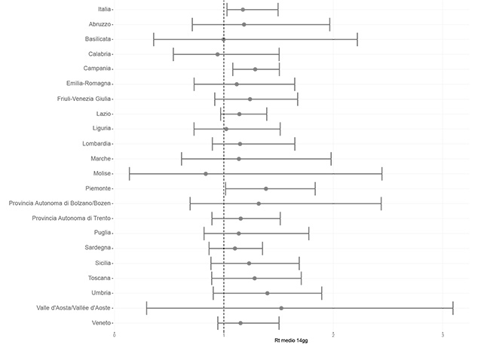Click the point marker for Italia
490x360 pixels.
[243, 10]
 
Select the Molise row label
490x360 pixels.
[102, 173]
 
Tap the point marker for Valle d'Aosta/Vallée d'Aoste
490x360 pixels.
[281, 308]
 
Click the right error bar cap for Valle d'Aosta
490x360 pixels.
[453, 308]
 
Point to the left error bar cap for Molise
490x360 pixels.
[130, 173]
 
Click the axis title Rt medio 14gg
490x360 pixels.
[290, 340]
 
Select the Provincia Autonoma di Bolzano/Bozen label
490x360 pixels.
[60, 203]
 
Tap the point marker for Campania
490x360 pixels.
[255, 69]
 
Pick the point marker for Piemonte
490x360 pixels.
[266, 188]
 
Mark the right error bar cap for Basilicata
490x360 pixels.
[357, 39]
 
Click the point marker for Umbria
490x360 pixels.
[267, 293]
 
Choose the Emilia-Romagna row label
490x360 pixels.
[88, 84]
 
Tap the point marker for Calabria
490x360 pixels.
[218, 54]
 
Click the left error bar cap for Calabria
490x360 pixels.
[173, 54]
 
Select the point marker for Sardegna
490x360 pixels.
[234, 248]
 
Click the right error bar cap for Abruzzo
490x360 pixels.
[330, 24]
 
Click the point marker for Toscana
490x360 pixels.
[255, 278]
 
